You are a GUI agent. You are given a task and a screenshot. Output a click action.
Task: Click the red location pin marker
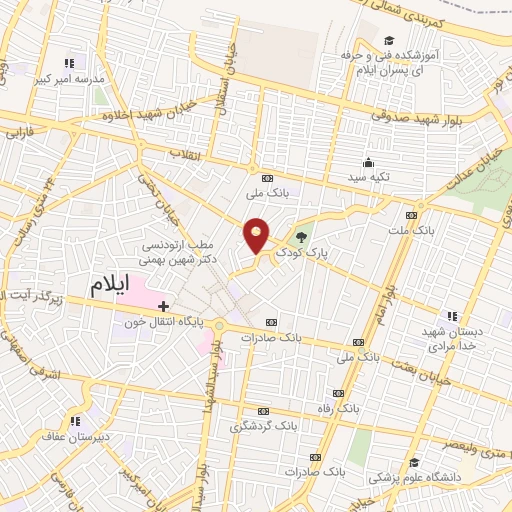[x=257, y=234]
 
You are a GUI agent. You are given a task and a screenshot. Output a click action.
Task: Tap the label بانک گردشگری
[x=263, y=426]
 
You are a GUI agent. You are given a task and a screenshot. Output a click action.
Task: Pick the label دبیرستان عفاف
[x=76, y=436]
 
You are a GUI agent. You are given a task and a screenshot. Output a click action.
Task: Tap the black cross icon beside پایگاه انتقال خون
[x=164, y=305]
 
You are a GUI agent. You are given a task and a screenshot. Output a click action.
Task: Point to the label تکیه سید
[x=368, y=178]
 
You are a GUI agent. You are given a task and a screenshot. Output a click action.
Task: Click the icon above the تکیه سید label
[x=368, y=163]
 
